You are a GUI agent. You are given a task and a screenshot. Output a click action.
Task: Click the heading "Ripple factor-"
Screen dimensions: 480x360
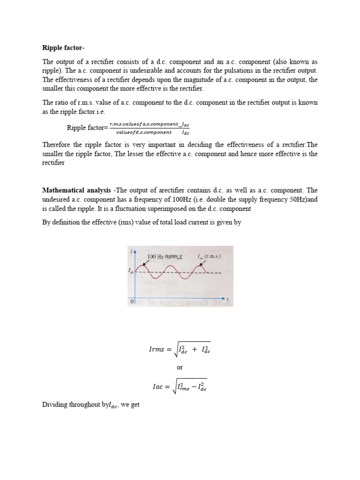click(x=64, y=47)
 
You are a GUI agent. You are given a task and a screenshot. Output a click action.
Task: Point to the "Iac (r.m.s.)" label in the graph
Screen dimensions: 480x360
click(x=209, y=256)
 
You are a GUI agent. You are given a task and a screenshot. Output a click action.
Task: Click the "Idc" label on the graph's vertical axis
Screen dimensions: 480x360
click(x=131, y=270)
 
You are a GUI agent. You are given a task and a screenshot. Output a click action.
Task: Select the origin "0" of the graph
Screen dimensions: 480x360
click(x=132, y=301)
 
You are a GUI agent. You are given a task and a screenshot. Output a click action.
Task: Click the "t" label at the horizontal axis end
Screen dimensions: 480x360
click(x=227, y=299)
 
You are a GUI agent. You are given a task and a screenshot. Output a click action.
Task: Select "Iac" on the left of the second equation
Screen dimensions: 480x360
click(x=159, y=387)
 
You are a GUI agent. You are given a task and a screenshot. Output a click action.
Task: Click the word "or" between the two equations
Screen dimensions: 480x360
click(x=180, y=367)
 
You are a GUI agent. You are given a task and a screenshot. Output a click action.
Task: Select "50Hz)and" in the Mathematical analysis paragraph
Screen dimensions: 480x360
click(x=303, y=199)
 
